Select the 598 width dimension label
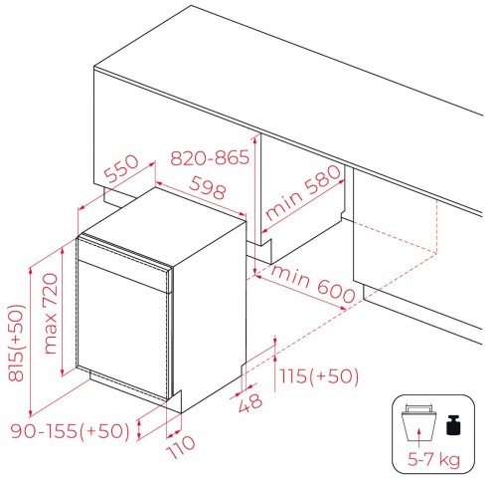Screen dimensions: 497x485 point(208,187)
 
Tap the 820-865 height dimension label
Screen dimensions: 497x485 point(210,157)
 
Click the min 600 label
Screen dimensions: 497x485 point(313,283)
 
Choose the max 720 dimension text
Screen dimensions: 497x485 point(51,314)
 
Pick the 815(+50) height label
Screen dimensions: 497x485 point(16,343)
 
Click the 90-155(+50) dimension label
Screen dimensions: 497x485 point(71,431)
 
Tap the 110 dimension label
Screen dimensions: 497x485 point(181,446)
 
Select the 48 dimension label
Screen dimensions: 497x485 point(250,402)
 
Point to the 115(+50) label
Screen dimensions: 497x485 point(319,376)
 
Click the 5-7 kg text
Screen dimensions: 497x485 point(433,459)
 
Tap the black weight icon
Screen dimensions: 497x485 point(454,425)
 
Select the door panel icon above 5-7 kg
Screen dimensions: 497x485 point(419,422)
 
